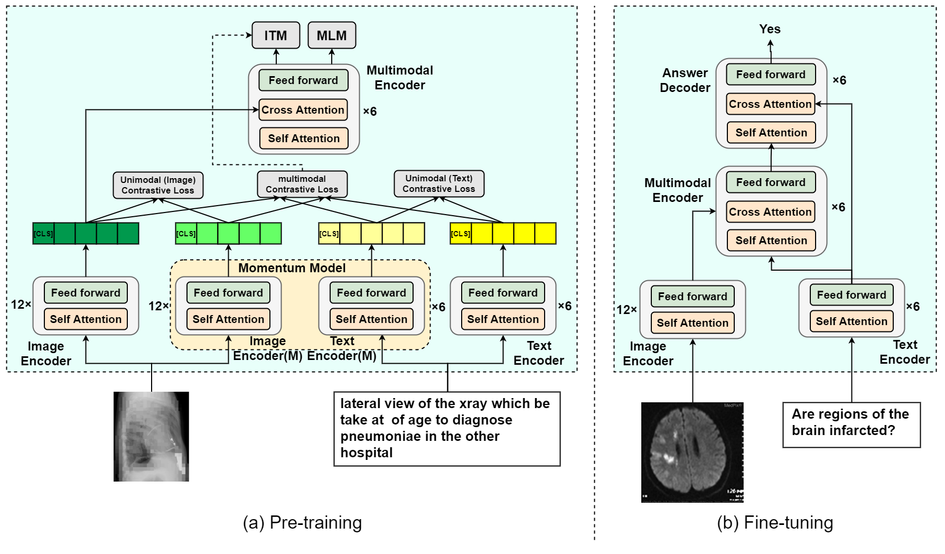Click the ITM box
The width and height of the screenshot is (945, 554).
point(276,35)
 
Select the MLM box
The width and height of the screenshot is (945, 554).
point(332,35)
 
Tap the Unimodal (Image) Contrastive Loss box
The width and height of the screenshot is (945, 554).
point(158,185)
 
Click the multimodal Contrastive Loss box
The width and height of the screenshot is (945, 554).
point(302,184)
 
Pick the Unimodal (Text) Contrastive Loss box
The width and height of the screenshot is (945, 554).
point(439,183)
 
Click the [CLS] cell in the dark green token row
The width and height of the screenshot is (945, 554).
point(43,234)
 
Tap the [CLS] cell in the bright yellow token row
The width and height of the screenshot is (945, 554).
point(461,234)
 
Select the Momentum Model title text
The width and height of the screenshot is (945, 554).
point(292,268)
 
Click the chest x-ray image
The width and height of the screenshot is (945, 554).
point(151,437)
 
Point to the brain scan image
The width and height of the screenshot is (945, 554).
point(693,453)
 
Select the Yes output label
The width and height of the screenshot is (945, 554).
point(770,29)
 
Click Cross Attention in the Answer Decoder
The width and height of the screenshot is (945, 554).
point(771,104)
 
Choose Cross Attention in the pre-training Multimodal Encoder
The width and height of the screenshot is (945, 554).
point(303,110)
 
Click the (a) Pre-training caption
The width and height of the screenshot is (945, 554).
point(303,523)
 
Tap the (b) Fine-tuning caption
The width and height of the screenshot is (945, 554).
point(775,523)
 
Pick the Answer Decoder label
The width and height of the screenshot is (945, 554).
point(685,80)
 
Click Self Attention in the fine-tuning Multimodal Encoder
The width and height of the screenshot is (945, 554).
point(771,241)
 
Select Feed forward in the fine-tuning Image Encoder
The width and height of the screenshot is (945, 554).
point(693,297)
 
